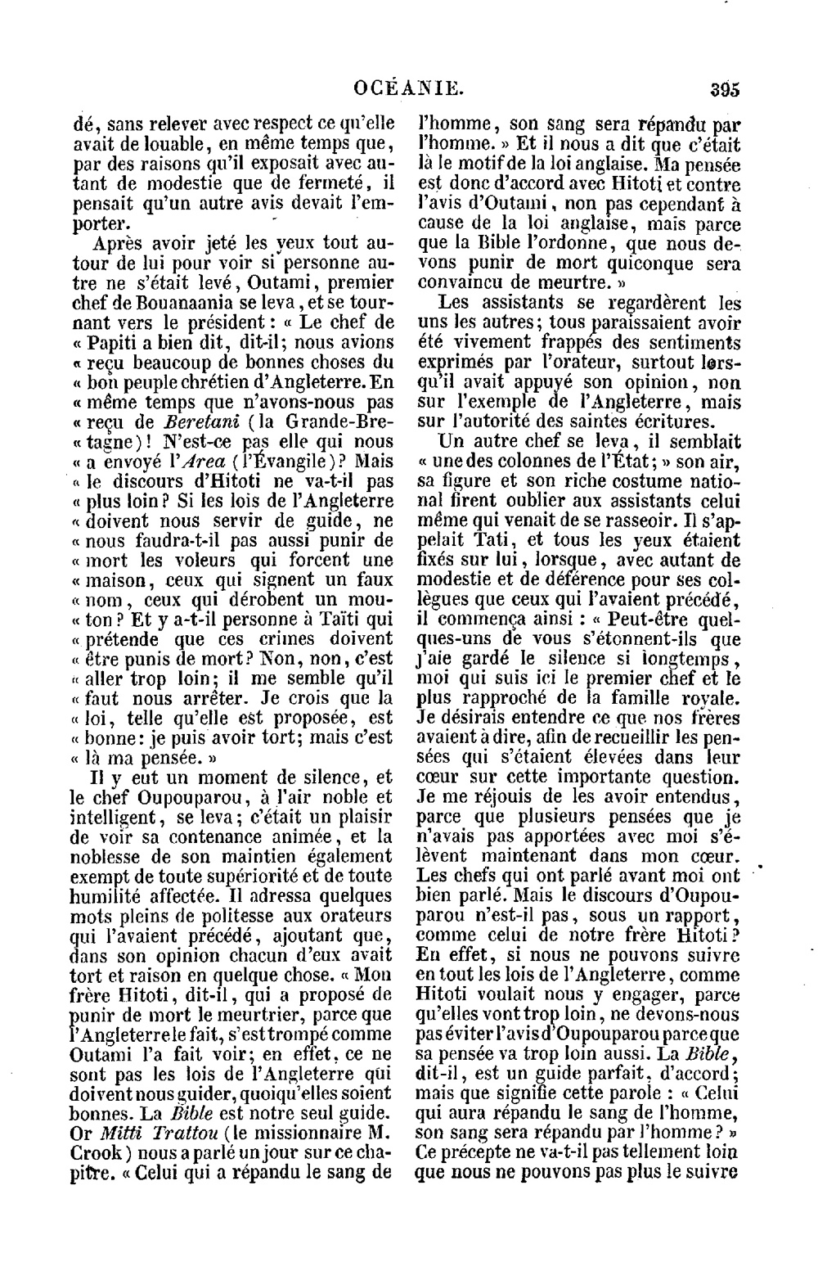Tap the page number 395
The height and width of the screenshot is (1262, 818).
(725, 88)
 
